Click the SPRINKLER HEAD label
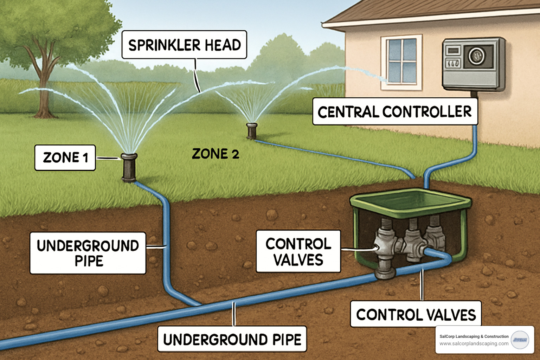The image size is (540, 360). pos(184,45)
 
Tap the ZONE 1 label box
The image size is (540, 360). pos(65,158)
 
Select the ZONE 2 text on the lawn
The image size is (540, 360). pos(215,154)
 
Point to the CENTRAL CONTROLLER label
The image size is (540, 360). pos(395,112)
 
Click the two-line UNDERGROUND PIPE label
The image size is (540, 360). pos(88,253)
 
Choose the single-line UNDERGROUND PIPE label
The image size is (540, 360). pos(232,339)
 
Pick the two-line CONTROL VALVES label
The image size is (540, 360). pos(298,251)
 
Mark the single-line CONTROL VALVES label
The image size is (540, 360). pos(416,314)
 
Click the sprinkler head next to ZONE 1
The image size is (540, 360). pos(129,167)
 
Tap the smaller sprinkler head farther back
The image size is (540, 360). pos(252,130)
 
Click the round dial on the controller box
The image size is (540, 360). pos(476,56)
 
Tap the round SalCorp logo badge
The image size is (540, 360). pos(520,340)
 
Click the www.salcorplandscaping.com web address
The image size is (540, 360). pos(474,343)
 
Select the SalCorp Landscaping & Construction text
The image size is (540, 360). pos(474,336)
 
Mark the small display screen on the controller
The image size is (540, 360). pos(453,51)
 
